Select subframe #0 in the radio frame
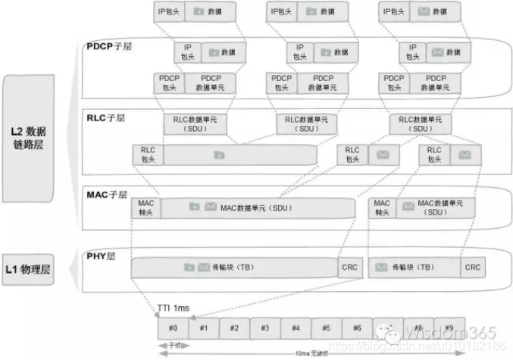tap(173, 328)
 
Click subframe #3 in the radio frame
tap(264, 328)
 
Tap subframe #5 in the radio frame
tap(326, 328)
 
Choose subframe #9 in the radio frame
tap(449, 328)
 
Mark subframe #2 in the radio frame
tap(234, 328)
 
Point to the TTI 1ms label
tap(174, 308)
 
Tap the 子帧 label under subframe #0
tap(174, 344)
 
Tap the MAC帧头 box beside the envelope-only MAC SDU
tap(383, 208)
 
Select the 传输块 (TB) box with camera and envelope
tap(233, 268)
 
